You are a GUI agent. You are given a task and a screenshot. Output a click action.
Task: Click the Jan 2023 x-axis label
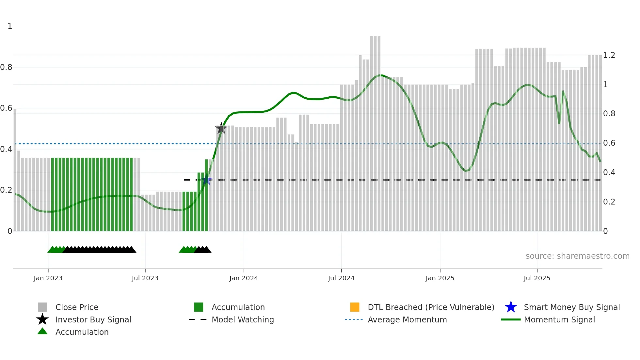click(x=48, y=278)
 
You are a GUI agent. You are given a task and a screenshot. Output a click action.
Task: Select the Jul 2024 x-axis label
click(x=341, y=278)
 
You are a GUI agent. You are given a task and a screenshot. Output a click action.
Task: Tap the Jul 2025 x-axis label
click(x=537, y=278)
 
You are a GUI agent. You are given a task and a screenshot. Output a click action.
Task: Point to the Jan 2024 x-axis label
click(x=244, y=278)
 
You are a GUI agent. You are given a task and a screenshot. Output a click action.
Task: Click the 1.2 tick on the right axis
click(x=609, y=55)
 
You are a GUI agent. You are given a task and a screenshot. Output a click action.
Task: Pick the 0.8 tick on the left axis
click(x=6, y=67)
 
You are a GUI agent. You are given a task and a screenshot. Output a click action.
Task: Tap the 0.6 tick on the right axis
click(x=609, y=143)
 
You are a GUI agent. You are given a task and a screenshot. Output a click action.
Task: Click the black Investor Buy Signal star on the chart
click(x=221, y=128)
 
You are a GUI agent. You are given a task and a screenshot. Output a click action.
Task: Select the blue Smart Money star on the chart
click(x=206, y=180)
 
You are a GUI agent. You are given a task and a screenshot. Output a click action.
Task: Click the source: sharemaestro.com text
click(x=577, y=256)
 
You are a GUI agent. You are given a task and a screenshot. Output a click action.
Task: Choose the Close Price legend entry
click(x=77, y=307)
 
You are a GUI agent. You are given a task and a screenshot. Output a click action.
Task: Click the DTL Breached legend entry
click(x=431, y=307)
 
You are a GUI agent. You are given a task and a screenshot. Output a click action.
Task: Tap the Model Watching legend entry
click(x=243, y=320)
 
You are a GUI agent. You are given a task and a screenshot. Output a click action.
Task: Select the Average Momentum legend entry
click(x=407, y=320)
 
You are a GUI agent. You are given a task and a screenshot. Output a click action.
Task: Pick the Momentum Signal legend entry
click(x=559, y=320)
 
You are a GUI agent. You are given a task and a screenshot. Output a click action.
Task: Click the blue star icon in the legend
click(x=511, y=307)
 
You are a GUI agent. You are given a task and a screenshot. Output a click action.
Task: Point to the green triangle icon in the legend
click(x=42, y=332)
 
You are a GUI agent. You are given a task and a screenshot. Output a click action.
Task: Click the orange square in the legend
click(x=355, y=307)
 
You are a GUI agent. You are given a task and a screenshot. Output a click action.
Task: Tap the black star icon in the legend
click(x=42, y=319)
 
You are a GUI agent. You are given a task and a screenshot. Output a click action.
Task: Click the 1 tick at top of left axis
click(x=10, y=26)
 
